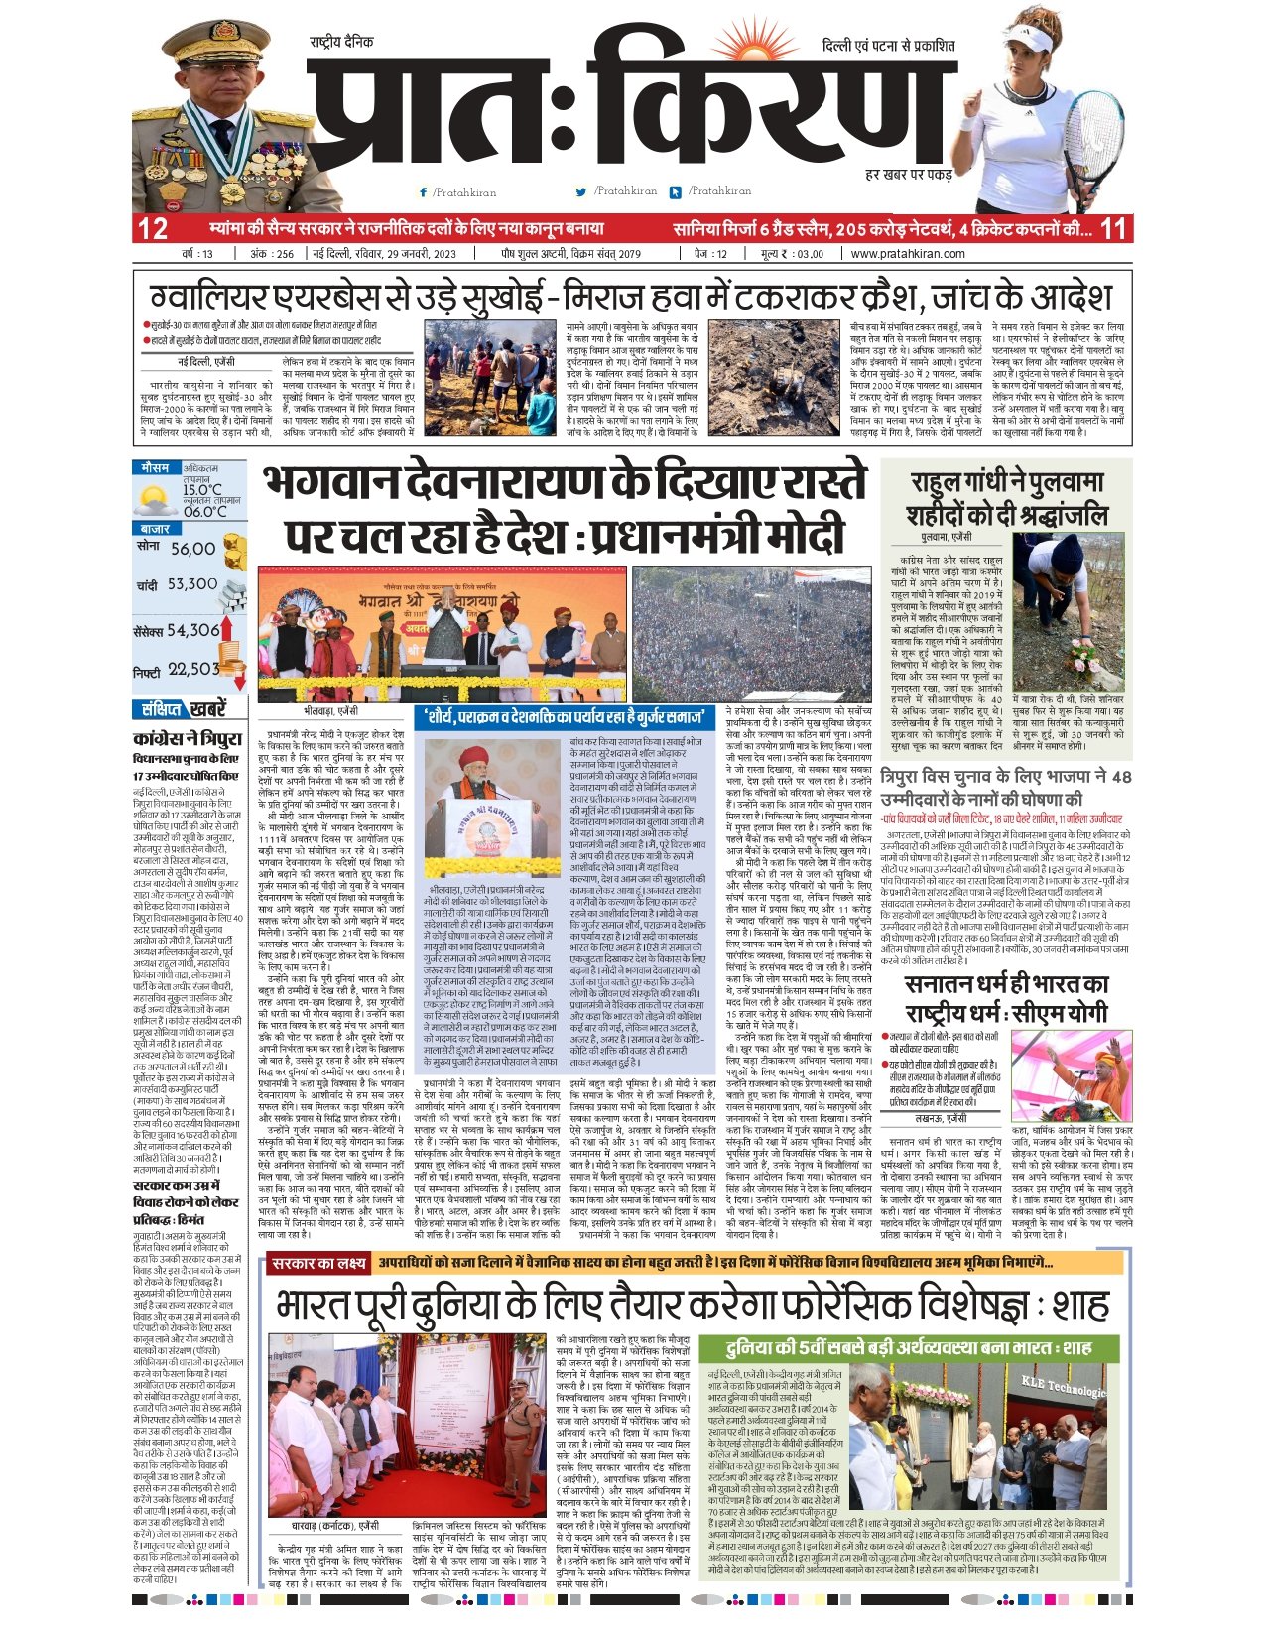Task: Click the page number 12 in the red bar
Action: point(153,229)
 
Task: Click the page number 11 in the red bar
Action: point(1113,229)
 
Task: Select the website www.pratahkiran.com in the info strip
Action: point(907,254)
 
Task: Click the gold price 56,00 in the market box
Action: point(192,549)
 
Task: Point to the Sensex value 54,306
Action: point(192,630)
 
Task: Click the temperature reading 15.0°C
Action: point(202,490)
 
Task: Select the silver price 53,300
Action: point(191,585)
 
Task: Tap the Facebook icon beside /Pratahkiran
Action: point(424,192)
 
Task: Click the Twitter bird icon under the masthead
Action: point(581,191)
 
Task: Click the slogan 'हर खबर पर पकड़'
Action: point(909,175)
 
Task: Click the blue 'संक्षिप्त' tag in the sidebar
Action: point(161,709)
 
